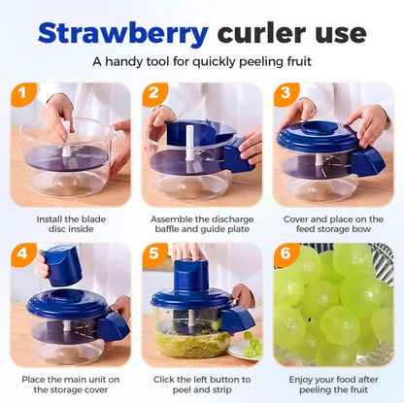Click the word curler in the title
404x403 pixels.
tap(268, 34)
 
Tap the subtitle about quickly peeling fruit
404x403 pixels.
tap(202, 61)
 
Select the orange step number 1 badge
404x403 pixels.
tap(23, 94)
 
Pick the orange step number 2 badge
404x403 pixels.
tap(154, 94)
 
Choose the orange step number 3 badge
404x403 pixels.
tap(286, 94)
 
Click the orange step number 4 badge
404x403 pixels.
tap(23, 255)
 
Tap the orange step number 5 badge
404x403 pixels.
tap(154, 255)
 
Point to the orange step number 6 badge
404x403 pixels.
tap(286, 255)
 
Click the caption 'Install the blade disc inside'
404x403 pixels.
tap(71, 225)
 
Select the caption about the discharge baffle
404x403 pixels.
tap(202, 225)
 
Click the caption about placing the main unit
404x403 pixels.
tap(71, 386)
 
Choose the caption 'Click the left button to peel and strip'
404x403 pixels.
tap(202, 386)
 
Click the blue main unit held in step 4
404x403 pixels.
tap(62, 265)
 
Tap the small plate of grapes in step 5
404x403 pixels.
tap(247, 346)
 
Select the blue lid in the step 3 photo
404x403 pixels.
tap(320, 138)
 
